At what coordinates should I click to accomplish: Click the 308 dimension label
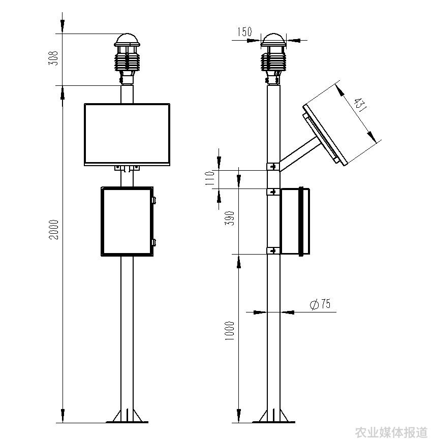click(x=53, y=58)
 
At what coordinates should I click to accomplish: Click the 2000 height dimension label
click(x=53, y=230)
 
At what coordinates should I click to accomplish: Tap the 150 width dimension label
click(x=245, y=32)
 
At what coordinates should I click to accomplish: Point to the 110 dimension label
click(x=210, y=178)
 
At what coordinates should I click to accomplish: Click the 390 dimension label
click(x=230, y=218)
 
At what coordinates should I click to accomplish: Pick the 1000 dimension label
click(x=230, y=331)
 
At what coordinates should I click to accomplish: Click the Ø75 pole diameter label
click(x=320, y=304)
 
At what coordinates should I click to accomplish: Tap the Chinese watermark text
click(x=391, y=432)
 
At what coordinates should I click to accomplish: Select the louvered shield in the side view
click(x=273, y=61)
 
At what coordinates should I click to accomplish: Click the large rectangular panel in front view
click(x=127, y=134)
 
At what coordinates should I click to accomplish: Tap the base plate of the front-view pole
click(x=127, y=422)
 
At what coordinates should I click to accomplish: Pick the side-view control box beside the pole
click(x=295, y=221)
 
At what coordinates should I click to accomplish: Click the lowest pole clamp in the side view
click(x=273, y=250)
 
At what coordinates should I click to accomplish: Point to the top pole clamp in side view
click(x=273, y=167)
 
